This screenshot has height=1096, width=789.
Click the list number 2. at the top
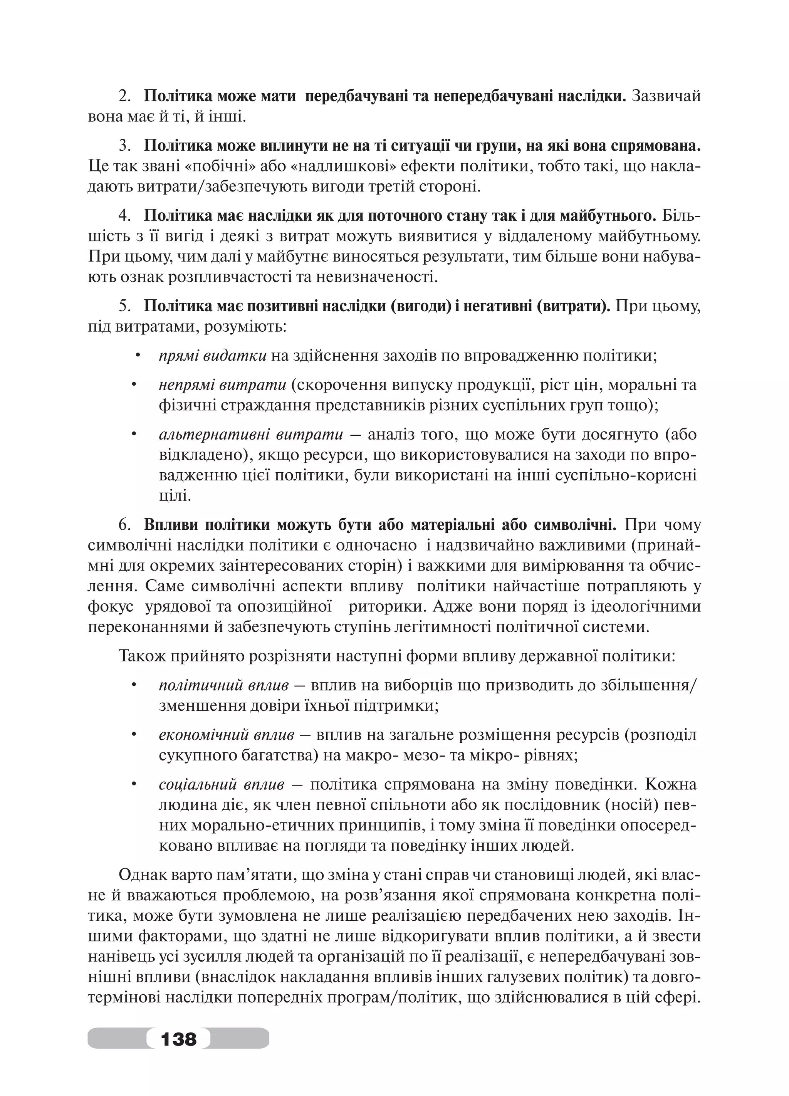tap(125, 97)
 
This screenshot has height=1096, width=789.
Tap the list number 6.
tap(125, 525)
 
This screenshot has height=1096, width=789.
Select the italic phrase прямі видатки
tap(213, 356)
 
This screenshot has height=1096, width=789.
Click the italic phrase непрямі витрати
tap(222, 385)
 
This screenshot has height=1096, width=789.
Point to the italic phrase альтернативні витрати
tap(251, 435)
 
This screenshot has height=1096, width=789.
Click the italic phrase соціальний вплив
tap(221, 784)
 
